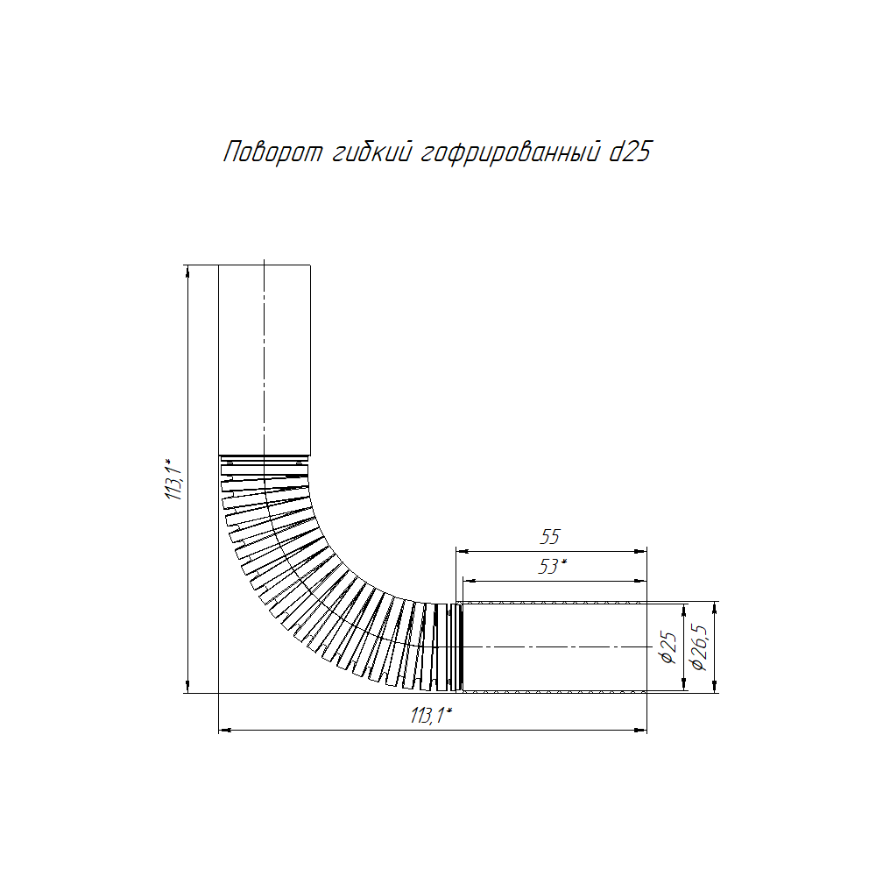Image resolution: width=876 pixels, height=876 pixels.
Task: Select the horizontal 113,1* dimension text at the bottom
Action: pos(430,716)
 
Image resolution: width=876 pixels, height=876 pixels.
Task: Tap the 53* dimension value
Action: pos(552,567)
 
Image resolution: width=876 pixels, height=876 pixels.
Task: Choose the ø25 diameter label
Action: pos(668,647)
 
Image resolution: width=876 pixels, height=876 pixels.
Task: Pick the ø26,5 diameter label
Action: pos(699,647)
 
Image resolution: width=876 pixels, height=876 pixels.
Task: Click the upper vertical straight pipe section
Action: pos(264,359)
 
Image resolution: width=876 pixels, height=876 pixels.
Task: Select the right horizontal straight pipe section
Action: pos(554,647)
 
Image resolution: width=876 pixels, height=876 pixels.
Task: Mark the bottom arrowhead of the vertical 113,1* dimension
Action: pos(189,688)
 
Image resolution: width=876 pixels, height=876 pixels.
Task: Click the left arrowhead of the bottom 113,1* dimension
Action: pos(223,729)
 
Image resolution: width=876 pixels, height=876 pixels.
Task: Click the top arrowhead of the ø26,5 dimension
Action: pos(717,606)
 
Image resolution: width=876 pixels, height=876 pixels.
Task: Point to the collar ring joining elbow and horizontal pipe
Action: pos(455,647)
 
